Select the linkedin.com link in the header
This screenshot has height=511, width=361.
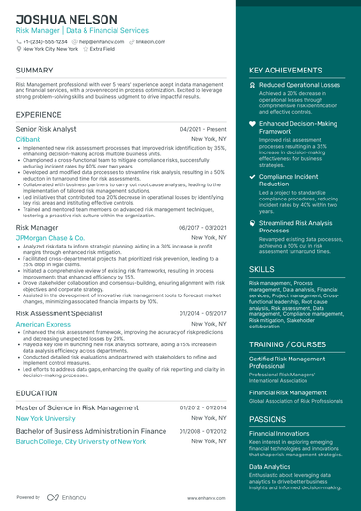(148, 41)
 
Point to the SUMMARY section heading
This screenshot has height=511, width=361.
(35, 71)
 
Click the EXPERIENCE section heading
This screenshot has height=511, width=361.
(39, 114)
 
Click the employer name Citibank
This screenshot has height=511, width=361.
(28, 138)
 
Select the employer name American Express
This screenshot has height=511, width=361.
(43, 323)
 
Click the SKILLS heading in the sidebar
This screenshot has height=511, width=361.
(262, 269)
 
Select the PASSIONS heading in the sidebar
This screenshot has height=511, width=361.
(268, 418)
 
